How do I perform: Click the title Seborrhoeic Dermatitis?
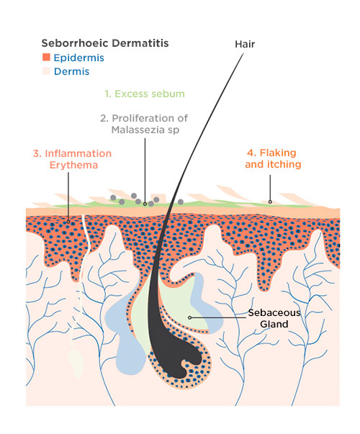[105, 43]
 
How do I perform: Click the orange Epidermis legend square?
[46, 57]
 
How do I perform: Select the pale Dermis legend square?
[46, 71]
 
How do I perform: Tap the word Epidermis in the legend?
[79, 58]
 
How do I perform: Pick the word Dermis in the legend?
[72, 71]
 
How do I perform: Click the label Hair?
[245, 45]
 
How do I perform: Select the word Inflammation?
[78, 153]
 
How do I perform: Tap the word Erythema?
[73, 165]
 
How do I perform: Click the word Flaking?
[279, 153]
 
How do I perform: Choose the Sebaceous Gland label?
[274, 318]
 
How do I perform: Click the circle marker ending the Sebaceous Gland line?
[189, 317]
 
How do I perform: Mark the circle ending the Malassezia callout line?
[145, 204]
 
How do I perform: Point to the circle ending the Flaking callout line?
[270, 202]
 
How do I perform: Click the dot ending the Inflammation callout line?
[68, 222]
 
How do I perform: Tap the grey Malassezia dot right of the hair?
[181, 202]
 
